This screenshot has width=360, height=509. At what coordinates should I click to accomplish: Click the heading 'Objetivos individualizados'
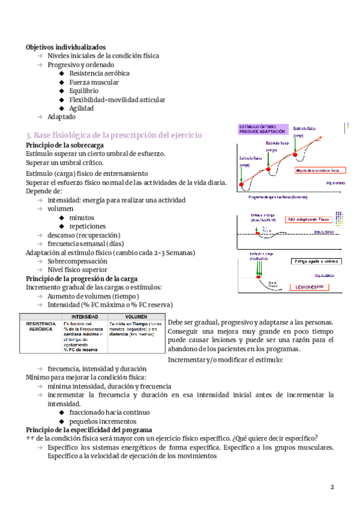coord(66,47)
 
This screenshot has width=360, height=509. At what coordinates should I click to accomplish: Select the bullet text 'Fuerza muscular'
coord(94,82)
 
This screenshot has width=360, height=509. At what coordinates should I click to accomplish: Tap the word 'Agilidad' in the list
coord(82,109)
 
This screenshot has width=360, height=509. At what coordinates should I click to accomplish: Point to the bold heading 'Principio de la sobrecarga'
coord(65,145)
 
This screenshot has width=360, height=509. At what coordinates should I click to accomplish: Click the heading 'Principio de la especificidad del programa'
coord(89,430)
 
